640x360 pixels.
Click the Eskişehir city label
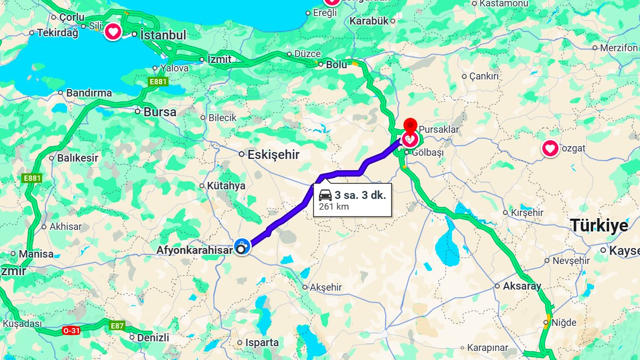[273, 155]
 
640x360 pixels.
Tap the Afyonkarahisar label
[195, 250]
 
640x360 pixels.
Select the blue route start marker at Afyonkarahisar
[242, 246]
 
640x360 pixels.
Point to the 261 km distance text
[334, 206]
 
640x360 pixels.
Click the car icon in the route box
[325, 195]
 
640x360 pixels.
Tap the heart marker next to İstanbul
[113, 32]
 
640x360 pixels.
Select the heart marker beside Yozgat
[550, 148]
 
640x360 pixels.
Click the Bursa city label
[160, 112]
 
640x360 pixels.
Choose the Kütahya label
[226, 186]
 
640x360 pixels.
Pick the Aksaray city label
[522, 286]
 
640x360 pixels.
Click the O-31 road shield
[71, 331]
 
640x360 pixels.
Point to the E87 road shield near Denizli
[117, 325]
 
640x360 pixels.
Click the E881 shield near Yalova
[158, 82]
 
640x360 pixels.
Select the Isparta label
[261, 342]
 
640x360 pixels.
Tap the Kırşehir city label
[527, 212]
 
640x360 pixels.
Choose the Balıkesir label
[77, 158]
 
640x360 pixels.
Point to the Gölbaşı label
[427, 153]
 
